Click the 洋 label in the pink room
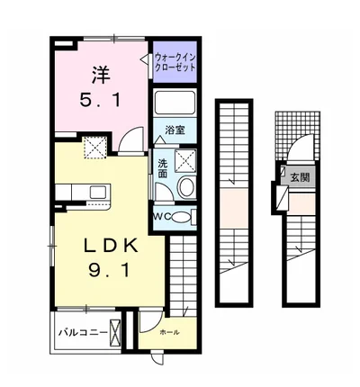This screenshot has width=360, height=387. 101,75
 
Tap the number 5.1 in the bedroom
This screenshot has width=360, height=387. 100,100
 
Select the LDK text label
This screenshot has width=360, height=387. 111,246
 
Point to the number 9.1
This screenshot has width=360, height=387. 109,270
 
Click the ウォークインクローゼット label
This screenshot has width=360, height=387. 175,62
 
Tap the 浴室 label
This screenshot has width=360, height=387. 175,130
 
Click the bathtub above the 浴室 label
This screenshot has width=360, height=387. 175,103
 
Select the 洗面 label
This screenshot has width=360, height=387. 162,168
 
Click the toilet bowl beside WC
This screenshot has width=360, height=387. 179,217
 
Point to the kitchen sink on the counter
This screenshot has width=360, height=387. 99,192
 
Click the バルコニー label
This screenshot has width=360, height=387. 83,333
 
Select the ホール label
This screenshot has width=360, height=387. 169,332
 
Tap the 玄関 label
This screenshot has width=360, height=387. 300,178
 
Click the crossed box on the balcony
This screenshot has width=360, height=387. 115,332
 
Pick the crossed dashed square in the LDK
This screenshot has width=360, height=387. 95,147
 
